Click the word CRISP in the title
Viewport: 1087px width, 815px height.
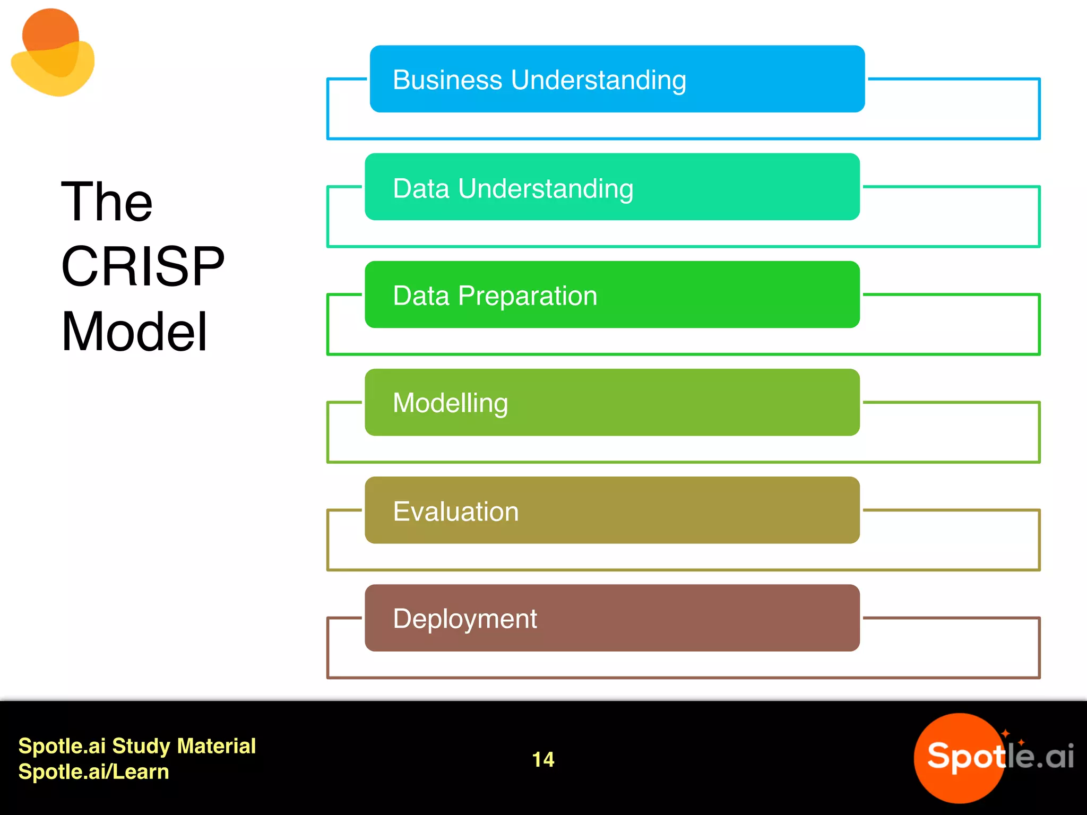coord(142,266)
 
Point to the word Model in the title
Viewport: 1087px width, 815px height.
coord(134,332)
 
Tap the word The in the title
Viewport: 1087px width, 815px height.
coord(107,202)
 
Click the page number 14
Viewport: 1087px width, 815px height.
coord(543,759)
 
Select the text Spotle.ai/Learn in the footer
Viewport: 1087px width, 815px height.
coord(93,771)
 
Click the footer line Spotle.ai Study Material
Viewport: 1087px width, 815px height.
coord(137,746)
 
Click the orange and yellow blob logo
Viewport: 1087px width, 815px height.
coord(53,53)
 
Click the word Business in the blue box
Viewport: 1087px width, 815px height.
coord(447,80)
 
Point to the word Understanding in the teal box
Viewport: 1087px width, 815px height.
coord(545,189)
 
